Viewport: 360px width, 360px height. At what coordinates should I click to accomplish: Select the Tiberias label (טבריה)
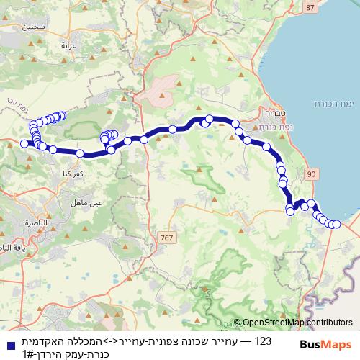(254, 113)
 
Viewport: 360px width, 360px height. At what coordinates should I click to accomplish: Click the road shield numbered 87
(310, 7)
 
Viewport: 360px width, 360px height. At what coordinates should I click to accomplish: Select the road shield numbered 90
(311, 174)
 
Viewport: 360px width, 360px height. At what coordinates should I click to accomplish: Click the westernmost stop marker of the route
(24, 144)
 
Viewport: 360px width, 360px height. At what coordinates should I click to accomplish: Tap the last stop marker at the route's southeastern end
(336, 225)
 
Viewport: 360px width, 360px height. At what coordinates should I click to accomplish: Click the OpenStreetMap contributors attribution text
(297, 323)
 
